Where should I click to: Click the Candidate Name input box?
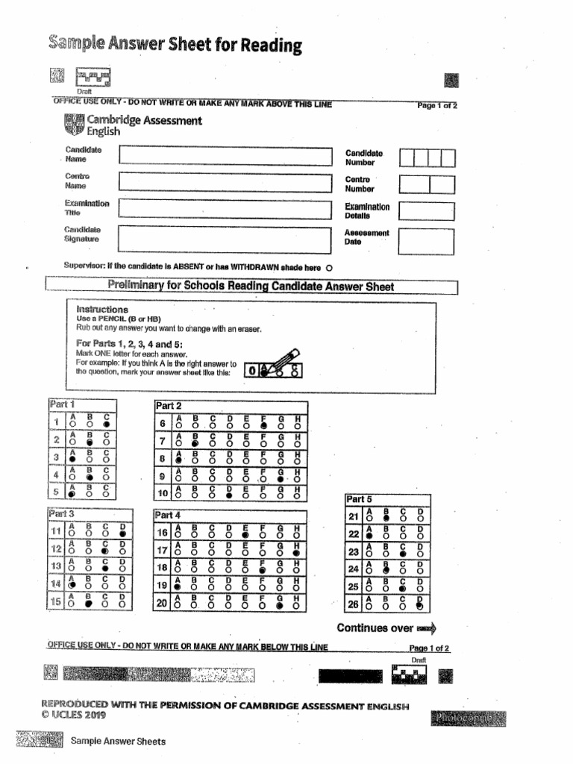click(224, 156)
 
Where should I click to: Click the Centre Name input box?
click(224, 183)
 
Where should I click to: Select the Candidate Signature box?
click(224, 237)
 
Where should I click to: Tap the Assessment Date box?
click(425, 240)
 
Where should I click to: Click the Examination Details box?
click(425, 210)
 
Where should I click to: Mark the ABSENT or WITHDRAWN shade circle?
click(330, 268)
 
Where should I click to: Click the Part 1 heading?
click(62, 404)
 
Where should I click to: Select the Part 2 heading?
click(168, 406)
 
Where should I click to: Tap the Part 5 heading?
click(358, 499)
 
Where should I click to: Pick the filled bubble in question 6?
click(263, 425)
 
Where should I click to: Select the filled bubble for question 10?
click(230, 495)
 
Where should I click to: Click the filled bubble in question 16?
click(246, 535)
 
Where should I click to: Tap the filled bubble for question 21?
click(386, 518)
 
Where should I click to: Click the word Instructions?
click(102, 310)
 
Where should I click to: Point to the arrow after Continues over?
click(426, 627)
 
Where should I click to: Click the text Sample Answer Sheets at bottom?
click(118, 741)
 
